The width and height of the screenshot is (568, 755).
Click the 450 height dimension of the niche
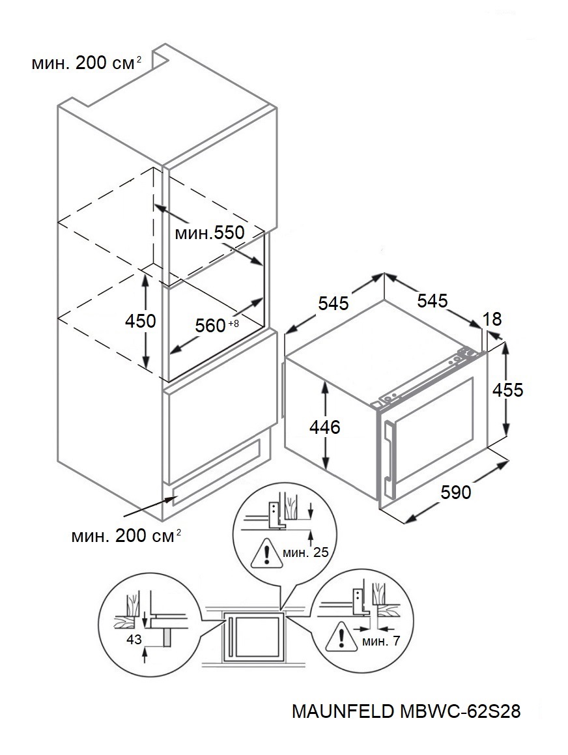141,321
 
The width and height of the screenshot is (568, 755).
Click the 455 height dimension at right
507,390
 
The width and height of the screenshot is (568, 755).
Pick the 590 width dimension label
455,493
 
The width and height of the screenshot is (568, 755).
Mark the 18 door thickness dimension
493,319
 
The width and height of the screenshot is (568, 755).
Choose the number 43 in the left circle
134,641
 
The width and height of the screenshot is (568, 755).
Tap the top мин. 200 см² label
86,63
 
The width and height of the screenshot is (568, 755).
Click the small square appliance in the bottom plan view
254,636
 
